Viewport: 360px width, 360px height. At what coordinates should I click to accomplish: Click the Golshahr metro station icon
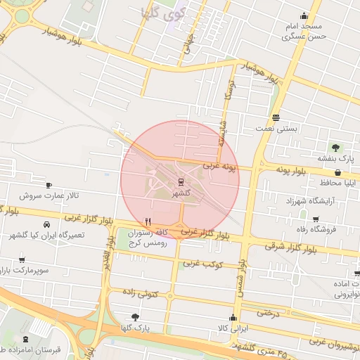[x=181, y=183]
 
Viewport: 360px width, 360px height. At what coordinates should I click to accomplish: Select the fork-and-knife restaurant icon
[x=147, y=220]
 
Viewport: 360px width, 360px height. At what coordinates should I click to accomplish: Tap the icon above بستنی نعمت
[x=276, y=118]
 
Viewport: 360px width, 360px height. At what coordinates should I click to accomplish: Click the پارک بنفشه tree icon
[x=336, y=148]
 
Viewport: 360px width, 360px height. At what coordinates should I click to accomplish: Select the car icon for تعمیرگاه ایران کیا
[x=46, y=224]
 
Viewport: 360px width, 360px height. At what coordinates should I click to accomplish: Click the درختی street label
[x=267, y=311]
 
